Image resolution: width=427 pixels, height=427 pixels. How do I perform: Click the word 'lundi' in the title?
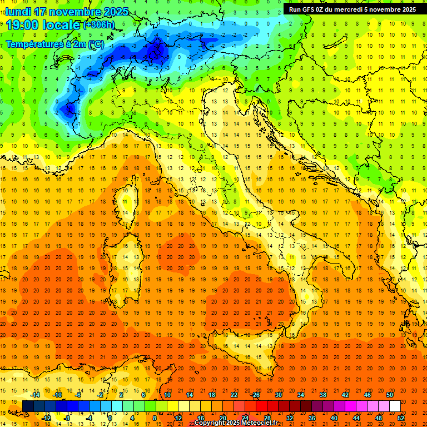pyautogui.click(x=18, y=12)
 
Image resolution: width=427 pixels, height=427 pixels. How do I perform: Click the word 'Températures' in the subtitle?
pyautogui.click(x=34, y=44)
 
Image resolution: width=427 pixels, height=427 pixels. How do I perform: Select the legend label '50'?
pyautogui.click(x=390, y=395)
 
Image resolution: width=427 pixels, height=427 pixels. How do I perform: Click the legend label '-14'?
pyautogui.click(x=36, y=395)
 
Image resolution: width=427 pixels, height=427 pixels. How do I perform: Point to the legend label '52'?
pyautogui.click(x=401, y=418)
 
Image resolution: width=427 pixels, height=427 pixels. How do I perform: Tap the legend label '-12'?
pyautogui.click(x=47, y=418)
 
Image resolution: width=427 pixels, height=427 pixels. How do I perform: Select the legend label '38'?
pyautogui.click(x=323, y=395)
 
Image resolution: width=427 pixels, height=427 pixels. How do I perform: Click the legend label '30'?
pyautogui.click(x=279, y=395)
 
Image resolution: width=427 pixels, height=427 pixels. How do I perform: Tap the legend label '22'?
pyautogui.click(x=234, y=395)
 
